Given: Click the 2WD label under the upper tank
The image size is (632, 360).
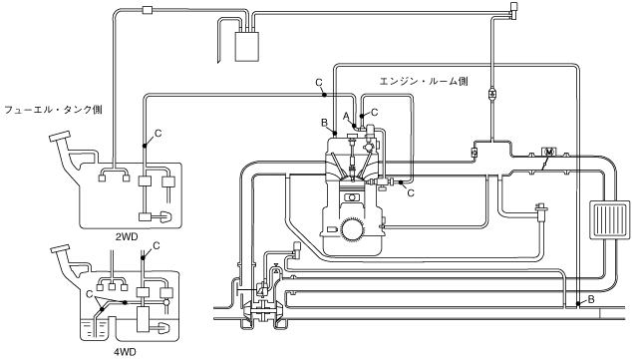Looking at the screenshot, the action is (127, 237).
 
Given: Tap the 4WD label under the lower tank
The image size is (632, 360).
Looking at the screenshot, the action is (125, 352).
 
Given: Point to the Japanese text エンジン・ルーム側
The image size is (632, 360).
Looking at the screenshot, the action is (424, 81).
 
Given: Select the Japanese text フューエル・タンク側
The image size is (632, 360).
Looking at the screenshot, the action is (53, 110).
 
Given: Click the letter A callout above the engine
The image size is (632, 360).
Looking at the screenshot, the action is (346, 116).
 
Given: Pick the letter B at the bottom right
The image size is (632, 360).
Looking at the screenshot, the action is (591, 299).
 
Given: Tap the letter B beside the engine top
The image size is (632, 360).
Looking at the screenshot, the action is (325, 123).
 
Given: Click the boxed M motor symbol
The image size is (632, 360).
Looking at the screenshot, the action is (548, 152).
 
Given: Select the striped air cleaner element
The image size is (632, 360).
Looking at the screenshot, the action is (609, 219).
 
